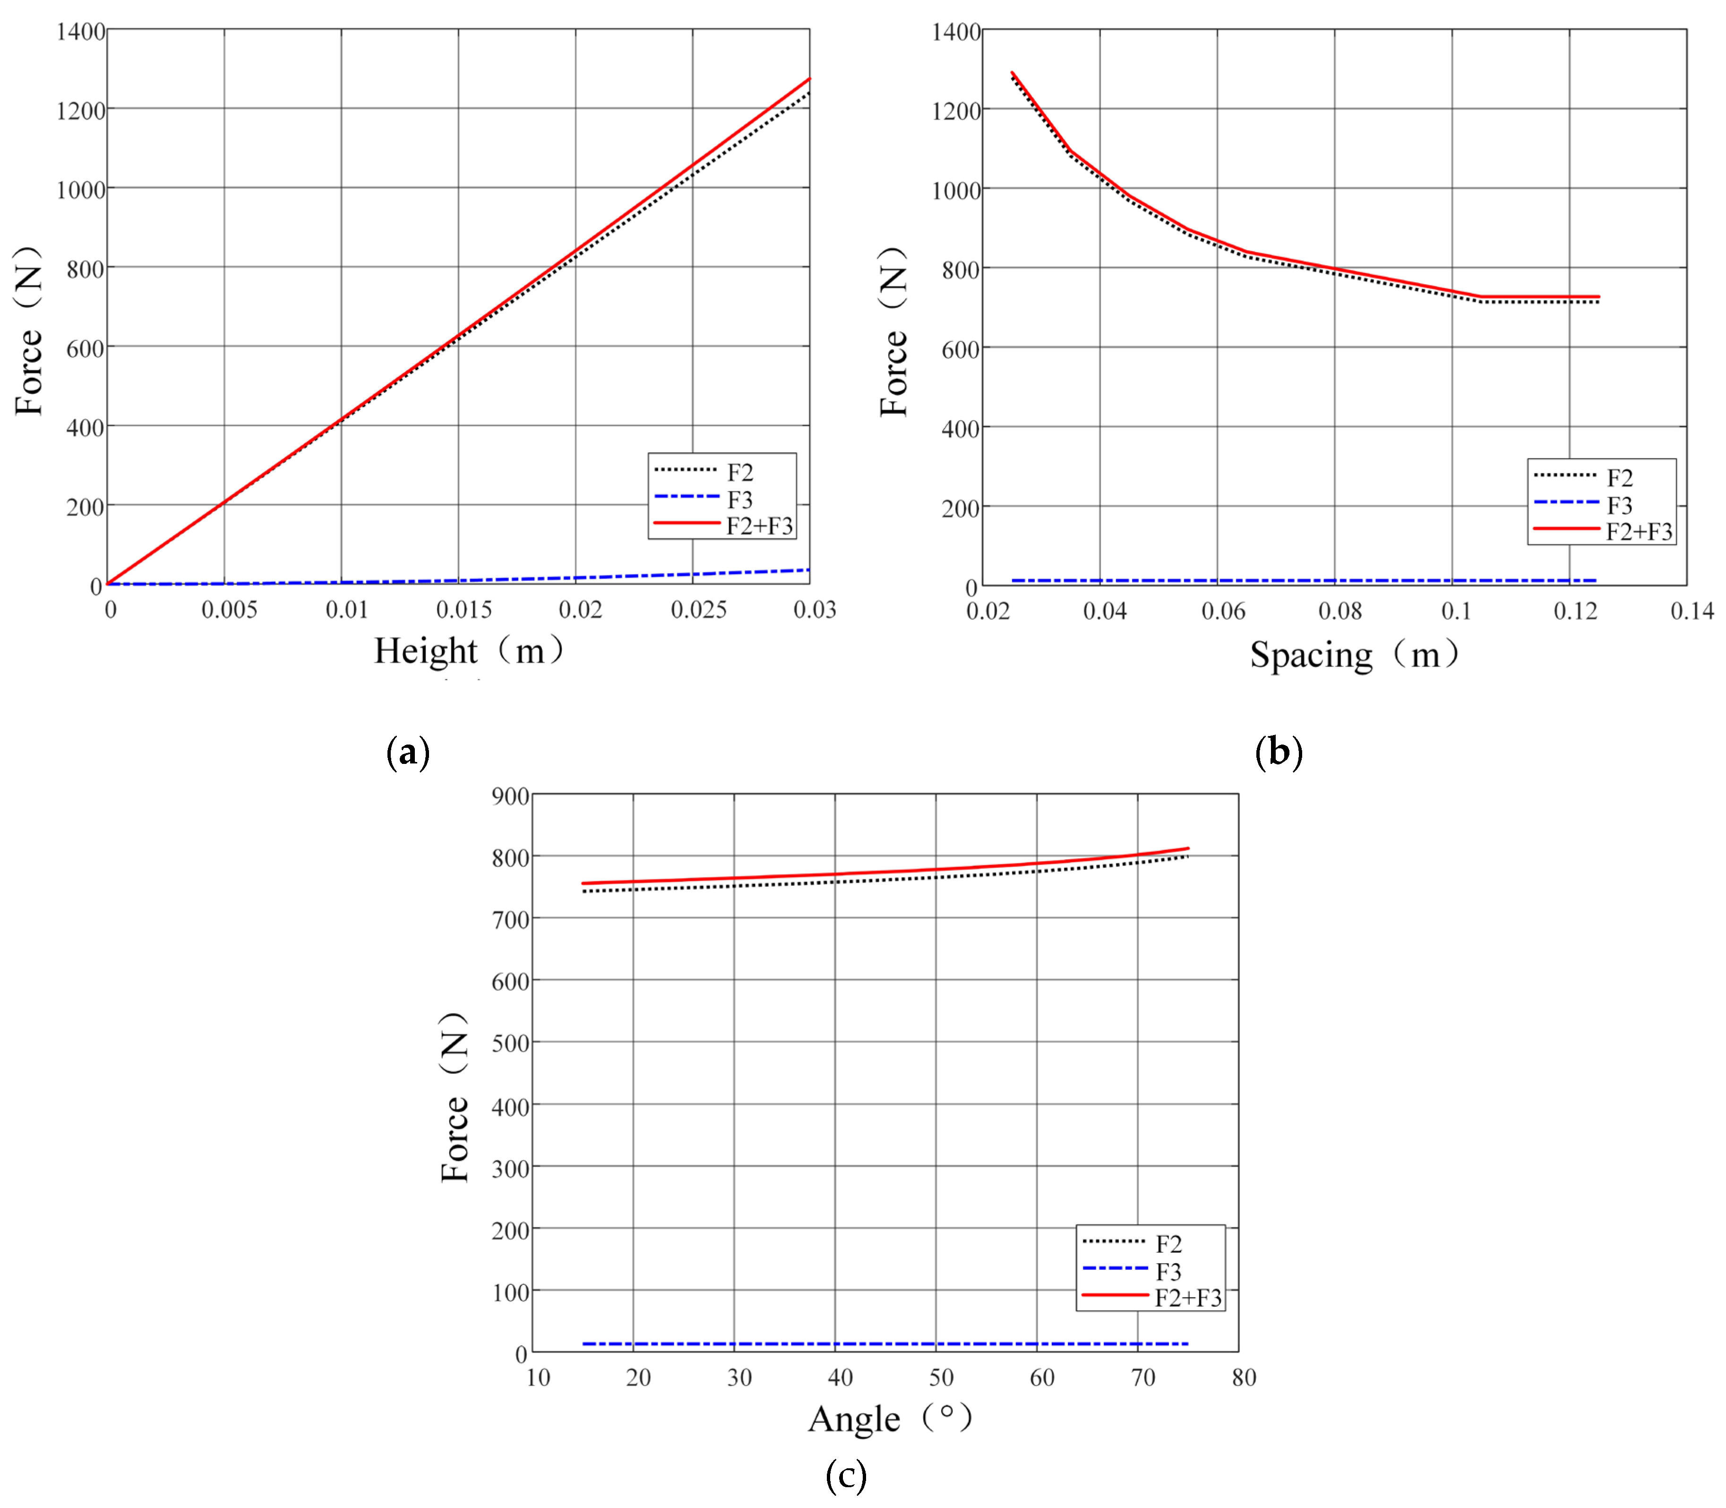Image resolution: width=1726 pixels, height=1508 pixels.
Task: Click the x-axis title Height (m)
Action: point(469,650)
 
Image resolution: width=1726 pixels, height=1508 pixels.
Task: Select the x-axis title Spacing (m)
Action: point(1353,655)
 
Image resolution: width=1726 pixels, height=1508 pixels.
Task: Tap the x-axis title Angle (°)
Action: point(890,1418)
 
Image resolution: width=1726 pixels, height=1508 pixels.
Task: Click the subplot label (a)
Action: point(408,752)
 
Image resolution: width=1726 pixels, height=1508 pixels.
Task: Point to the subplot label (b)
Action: point(1278,752)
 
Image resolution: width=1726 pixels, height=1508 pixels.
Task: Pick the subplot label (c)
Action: point(845,1475)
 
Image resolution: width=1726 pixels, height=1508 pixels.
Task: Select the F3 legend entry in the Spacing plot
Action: point(1619,506)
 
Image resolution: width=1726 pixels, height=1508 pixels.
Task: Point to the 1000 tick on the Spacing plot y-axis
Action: point(956,190)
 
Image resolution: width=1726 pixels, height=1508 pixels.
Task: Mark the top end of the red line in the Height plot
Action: point(809,79)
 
